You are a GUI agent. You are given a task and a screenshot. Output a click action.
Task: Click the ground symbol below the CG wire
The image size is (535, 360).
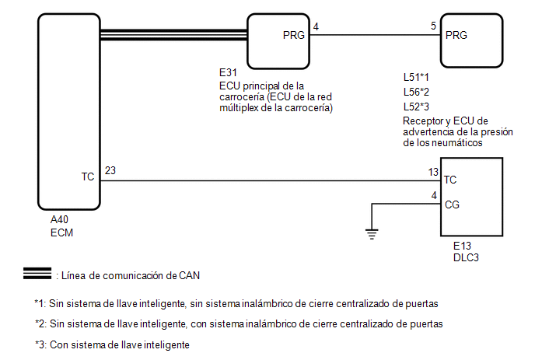tap(372, 234)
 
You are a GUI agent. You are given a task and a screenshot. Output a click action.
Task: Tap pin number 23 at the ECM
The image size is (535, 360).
tap(110, 170)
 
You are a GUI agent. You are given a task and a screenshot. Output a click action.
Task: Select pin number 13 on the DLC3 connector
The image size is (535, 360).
tap(433, 172)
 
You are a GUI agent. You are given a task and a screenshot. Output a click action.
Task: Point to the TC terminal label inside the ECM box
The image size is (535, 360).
tap(88, 177)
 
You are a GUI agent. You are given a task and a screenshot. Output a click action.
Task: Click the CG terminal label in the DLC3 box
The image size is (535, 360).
tap(452, 204)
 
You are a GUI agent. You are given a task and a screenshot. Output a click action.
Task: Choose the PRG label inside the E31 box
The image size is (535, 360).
tap(294, 35)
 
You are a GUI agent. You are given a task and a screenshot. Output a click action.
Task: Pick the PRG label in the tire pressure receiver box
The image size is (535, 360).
tap(456, 35)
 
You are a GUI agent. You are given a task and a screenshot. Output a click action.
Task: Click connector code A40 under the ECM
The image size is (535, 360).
tap(59, 219)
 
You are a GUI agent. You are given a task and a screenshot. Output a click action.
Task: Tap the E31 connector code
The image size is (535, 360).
tap(228, 72)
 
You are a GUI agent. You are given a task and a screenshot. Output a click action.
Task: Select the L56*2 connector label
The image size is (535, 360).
tap(416, 92)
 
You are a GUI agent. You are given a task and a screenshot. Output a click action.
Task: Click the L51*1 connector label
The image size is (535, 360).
tap(416, 77)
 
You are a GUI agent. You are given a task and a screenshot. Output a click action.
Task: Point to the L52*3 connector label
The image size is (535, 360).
tap(416, 107)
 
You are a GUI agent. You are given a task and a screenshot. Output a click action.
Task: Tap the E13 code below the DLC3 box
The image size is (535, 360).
tap(462, 246)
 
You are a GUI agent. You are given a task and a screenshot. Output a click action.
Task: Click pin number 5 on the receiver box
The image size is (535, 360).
tap(433, 26)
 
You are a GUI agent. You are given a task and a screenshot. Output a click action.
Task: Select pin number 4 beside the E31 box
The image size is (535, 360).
tap(316, 26)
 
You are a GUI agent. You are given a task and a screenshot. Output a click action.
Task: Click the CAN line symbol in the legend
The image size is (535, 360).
tap(37, 274)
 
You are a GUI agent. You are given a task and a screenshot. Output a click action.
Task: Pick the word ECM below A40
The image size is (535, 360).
tap(61, 232)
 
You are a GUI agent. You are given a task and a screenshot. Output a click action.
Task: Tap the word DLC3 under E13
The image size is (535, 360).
tap(466, 257)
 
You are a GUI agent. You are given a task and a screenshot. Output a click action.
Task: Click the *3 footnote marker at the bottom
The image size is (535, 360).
tap(40, 344)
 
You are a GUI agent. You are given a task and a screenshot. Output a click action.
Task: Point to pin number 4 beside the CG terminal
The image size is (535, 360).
tap(434, 195)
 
